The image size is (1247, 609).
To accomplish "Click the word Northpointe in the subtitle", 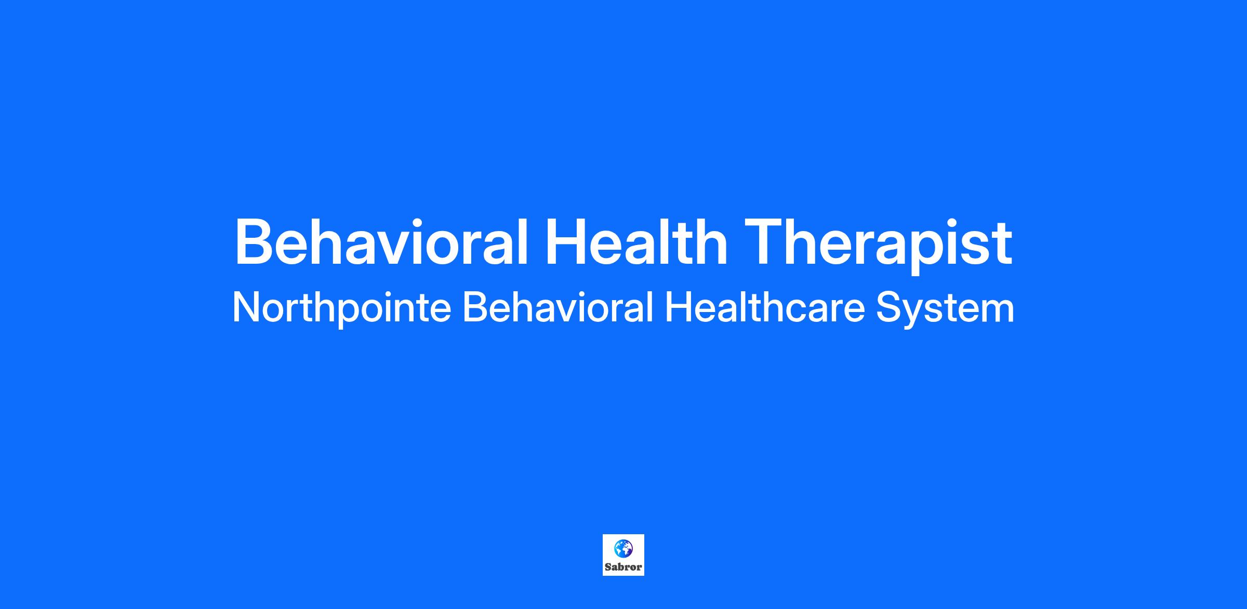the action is (x=341, y=308).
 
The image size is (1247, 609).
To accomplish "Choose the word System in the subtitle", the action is (x=946, y=309).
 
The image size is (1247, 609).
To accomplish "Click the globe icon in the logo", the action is (x=623, y=548).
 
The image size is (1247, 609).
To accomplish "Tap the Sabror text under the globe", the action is (x=623, y=567).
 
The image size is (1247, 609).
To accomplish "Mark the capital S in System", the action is (x=889, y=308).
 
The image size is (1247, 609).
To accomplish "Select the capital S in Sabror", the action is (x=608, y=567).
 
